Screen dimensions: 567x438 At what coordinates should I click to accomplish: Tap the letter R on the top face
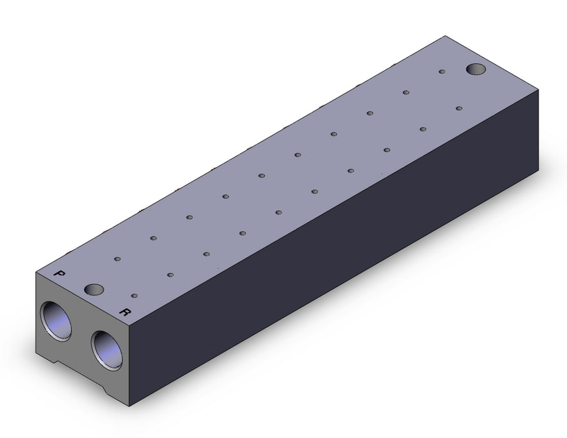coord(125,312)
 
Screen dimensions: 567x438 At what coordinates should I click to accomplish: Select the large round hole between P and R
coord(94,289)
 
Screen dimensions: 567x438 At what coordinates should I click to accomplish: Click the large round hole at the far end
coord(476,69)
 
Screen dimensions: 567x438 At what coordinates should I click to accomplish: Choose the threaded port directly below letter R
coord(106,350)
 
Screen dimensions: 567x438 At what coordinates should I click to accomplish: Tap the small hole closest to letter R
coord(135,296)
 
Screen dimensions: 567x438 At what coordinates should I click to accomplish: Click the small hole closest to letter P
coord(117,259)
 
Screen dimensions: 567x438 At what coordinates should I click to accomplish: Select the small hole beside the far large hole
coord(442,71)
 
